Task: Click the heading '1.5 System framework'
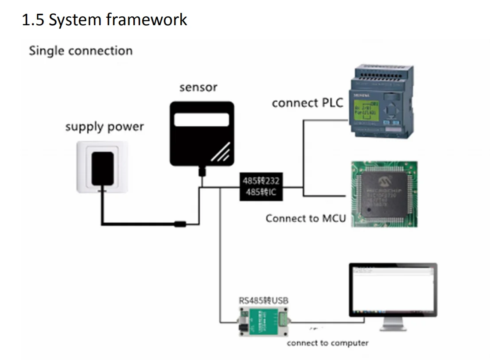click(105, 20)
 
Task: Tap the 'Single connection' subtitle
click(81, 50)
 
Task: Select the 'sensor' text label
click(198, 88)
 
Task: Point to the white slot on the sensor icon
click(202, 120)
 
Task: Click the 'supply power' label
click(105, 127)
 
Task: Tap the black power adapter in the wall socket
click(102, 167)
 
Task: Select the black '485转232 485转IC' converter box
click(261, 187)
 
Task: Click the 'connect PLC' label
click(307, 103)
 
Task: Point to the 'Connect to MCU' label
click(305, 218)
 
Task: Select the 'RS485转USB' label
click(264, 301)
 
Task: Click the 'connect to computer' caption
click(327, 343)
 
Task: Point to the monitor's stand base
click(393, 328)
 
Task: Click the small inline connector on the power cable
click(180, 223)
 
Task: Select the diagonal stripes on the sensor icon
click(220, 152)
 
